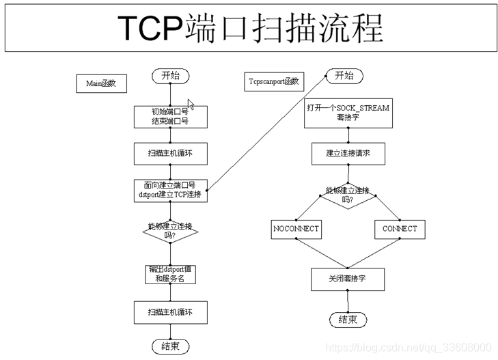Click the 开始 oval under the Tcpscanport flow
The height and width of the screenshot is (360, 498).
pos(344,76)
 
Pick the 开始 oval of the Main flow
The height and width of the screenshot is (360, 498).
pos(170,76)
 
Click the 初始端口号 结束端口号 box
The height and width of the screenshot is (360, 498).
pos(170,116)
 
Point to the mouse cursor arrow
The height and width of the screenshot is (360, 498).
pos(191,104)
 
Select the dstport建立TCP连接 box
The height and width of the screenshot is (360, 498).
pos(170,190)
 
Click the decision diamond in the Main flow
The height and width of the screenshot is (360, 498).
pos(170,232)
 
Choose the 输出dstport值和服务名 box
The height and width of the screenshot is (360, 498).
pos(170,274)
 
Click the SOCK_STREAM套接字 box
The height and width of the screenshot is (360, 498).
pos(348,113)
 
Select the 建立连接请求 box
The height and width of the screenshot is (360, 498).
pos(348,154)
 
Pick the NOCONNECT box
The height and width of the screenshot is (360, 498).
pos(295,229)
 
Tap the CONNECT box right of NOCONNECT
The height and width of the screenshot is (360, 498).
pos(400,229)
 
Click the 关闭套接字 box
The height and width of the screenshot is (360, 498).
pos(348,278)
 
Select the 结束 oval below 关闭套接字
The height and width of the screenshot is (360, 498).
pos(348,320)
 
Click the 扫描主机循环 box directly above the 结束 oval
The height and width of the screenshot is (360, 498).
pos(170,312)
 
